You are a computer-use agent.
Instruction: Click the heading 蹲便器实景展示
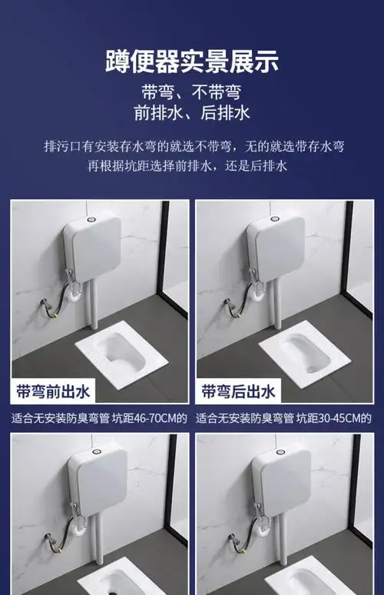(x=191, y=60)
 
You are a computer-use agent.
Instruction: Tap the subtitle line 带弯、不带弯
(x=191, y=93)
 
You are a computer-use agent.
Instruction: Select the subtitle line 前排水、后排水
(x=191, y=114)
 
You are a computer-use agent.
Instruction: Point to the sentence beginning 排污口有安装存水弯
(x=191, y=145)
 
